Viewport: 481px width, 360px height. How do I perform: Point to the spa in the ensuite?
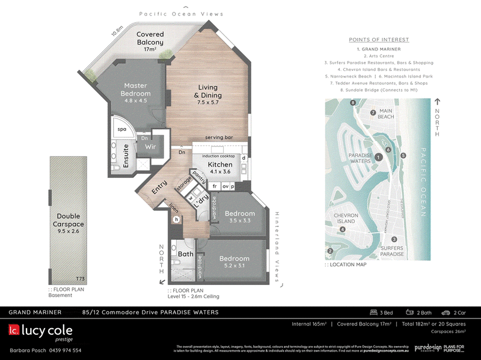tap(121, 129)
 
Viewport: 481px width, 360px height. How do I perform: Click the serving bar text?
tap(219, 138)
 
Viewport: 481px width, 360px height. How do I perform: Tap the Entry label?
tap(159, 188)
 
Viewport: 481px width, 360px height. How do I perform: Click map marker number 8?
tap(352, 103)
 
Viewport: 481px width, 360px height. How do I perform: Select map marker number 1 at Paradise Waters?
tap(378, 157)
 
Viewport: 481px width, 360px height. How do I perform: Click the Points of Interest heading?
tap(379, 40)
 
